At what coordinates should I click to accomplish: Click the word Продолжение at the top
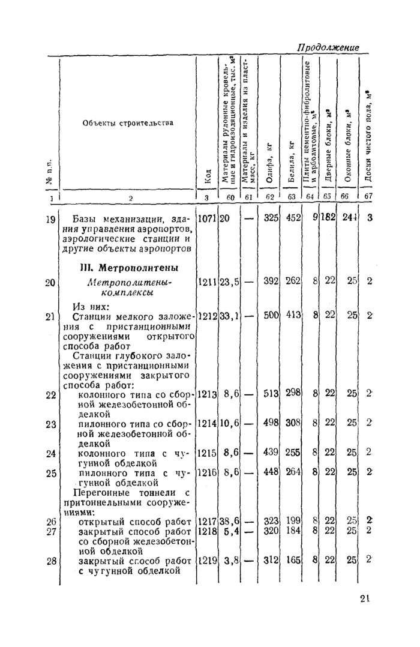328,47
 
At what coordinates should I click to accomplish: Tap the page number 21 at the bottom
366,598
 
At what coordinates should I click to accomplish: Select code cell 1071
207,218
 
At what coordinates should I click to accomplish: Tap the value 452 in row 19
292,218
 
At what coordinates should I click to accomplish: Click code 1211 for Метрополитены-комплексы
207,281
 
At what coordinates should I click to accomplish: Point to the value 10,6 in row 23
229,423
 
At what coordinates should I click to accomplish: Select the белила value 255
293,453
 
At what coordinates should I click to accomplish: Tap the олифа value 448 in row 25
271,472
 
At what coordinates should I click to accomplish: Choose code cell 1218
207,531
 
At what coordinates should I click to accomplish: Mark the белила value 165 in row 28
293,560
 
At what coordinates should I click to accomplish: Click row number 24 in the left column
51,453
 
